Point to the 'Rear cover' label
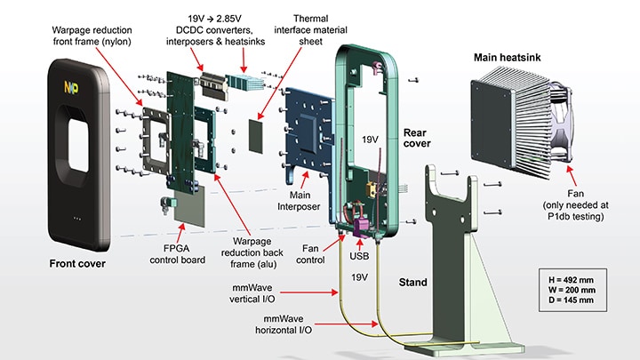click(421, 134)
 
